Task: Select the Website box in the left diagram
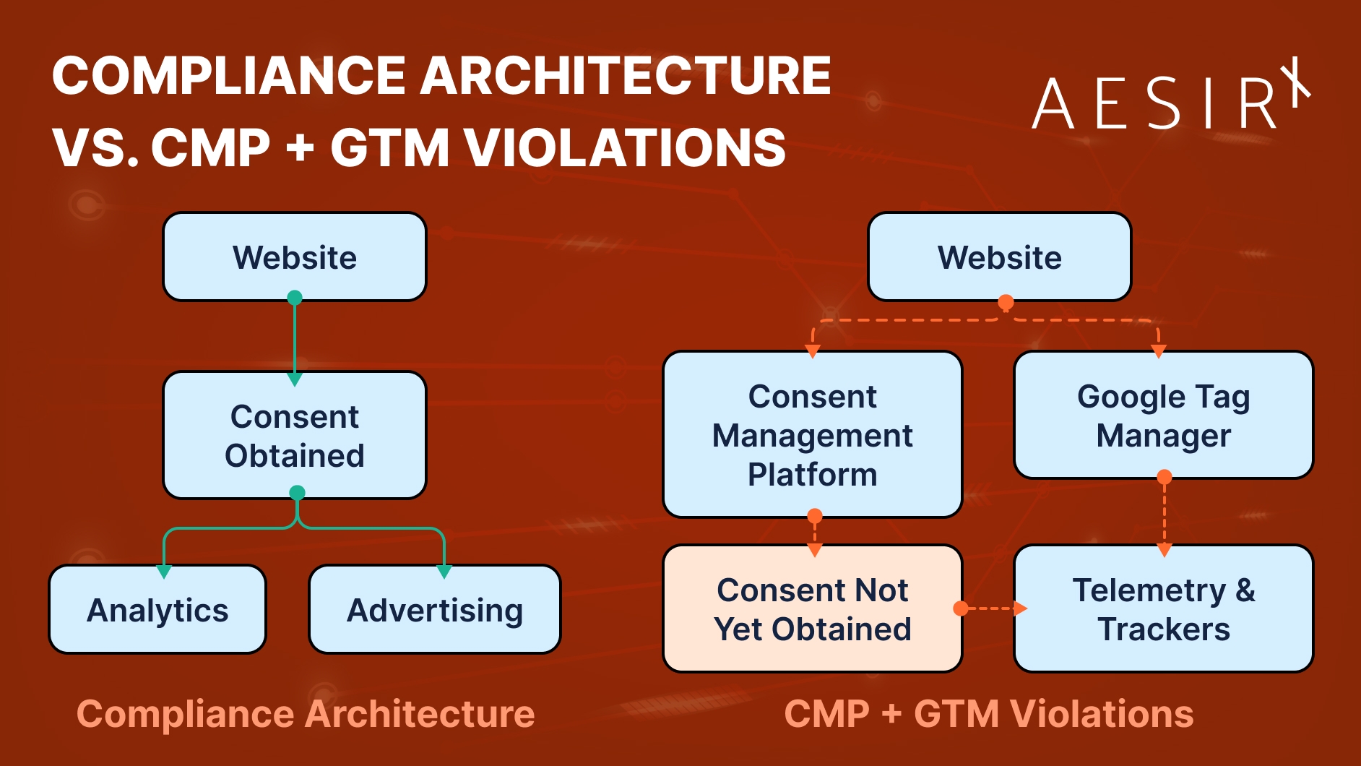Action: click(295, 257)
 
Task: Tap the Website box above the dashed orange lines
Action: click(999, 257)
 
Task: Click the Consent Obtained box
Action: click(295, 436)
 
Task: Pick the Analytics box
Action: click(157, 611)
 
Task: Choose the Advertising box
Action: click(435, 611)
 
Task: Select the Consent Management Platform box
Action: click(812, 436)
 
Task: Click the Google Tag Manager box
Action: click(1163, 416)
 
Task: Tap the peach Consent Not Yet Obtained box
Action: click(812, 609)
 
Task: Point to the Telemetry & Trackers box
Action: click(1163, 609)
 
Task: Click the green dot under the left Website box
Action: click(295, 298)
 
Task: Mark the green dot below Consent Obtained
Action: click(297, 493)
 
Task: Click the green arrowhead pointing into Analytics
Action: click(164, 572)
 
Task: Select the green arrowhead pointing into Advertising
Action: click(444, 572)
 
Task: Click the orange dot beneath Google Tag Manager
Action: click(1164, 477)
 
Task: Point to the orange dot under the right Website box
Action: click(1005, 301)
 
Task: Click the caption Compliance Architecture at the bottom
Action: click(306, 714)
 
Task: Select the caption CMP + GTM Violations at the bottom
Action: click(988, 714)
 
